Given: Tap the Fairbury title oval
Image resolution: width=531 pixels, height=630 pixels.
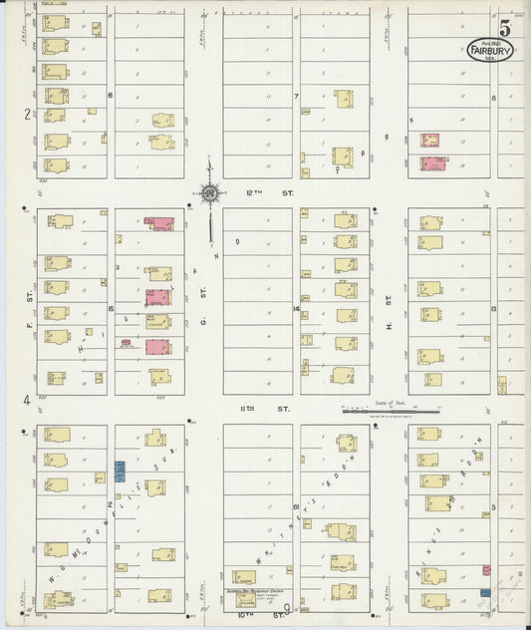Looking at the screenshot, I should click(491, 50).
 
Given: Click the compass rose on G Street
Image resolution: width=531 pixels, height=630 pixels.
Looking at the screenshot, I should click(209, 193).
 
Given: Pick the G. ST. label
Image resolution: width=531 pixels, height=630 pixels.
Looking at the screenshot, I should click(201, 298).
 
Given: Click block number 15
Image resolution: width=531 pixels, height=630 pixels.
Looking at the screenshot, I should click(113, 308).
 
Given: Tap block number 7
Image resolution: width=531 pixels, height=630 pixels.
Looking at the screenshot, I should click(296, 97).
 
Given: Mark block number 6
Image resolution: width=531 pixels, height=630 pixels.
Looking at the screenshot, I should click(111, 96).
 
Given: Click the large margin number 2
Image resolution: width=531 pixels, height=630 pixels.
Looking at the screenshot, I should click(26, 114).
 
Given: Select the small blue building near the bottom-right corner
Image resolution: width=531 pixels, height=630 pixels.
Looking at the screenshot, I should click(485, 592).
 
